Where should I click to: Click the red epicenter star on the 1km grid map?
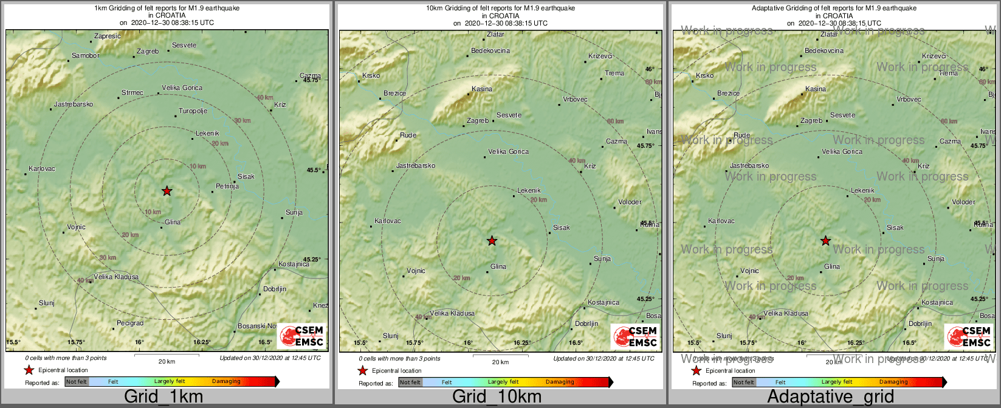[167, 191]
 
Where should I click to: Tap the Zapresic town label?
[108, 36]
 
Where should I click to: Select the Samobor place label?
[85, 55]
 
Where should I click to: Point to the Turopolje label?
[193, 111]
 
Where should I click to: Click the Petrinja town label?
[227, 186]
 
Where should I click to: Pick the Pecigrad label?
[130, 323]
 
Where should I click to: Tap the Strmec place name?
[132, 92]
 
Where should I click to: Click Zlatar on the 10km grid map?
[496, 34]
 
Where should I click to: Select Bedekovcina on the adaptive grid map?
[824, 50]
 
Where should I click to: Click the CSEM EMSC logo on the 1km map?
[302, 336]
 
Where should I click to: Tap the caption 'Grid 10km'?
[497, 397]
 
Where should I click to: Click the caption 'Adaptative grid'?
[830, 397]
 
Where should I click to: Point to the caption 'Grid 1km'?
[163, 397]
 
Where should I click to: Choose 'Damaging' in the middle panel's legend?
[560, 382]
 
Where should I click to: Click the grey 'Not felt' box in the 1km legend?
[77, 382]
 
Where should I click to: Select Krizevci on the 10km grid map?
[600, 56]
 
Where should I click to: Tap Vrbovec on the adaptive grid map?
[909, 99]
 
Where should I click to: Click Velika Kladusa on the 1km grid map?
[116, 277]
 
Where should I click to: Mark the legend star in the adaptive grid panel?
[697, 370]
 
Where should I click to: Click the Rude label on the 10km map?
[408, 135]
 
